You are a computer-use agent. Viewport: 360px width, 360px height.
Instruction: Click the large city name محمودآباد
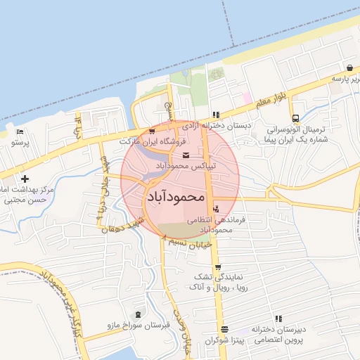[x=176, y=198]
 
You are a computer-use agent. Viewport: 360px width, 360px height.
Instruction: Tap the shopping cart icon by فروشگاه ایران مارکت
[x=152, y=131]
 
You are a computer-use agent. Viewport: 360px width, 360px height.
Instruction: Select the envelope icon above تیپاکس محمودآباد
[x=185, y=155]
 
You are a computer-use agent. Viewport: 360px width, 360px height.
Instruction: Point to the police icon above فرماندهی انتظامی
[x=215, y=209]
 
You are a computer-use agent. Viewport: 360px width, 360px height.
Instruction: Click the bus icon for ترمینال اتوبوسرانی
[x=295, y=118]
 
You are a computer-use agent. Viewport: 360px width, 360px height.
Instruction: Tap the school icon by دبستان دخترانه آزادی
[x=216, y=115]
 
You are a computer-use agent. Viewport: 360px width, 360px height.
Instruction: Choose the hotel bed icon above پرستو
[x=20, y=131]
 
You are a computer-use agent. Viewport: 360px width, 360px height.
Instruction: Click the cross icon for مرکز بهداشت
[x=25, y=179]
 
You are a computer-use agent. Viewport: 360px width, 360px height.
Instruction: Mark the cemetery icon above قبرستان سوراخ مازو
[x=137, y=314]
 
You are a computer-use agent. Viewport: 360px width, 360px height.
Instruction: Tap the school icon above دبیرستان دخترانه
[x=279, y=319]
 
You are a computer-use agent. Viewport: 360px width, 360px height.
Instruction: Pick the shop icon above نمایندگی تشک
[x=218, y=267]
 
